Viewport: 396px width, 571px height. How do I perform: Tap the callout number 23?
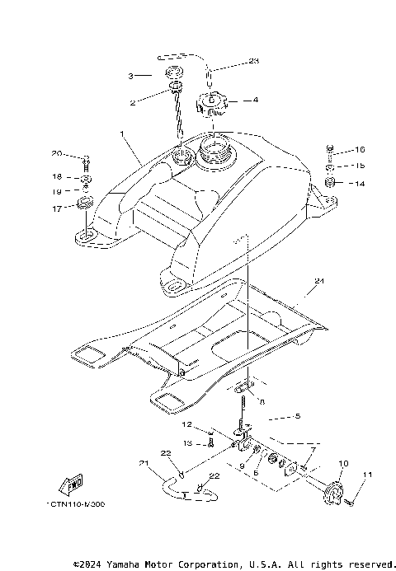[253, 62]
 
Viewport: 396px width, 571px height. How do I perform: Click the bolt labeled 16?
[331, 151]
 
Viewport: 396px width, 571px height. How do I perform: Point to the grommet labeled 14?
[330, 180]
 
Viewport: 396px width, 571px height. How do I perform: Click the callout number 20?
[56, 153]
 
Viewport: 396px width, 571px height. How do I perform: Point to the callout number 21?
[144, 463]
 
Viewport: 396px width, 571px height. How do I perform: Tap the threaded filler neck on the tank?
[215, 151]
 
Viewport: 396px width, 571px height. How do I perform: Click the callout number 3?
[130, 76]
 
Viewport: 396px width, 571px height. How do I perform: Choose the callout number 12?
[186, 424]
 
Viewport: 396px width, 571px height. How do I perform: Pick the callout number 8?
[261, 404]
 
